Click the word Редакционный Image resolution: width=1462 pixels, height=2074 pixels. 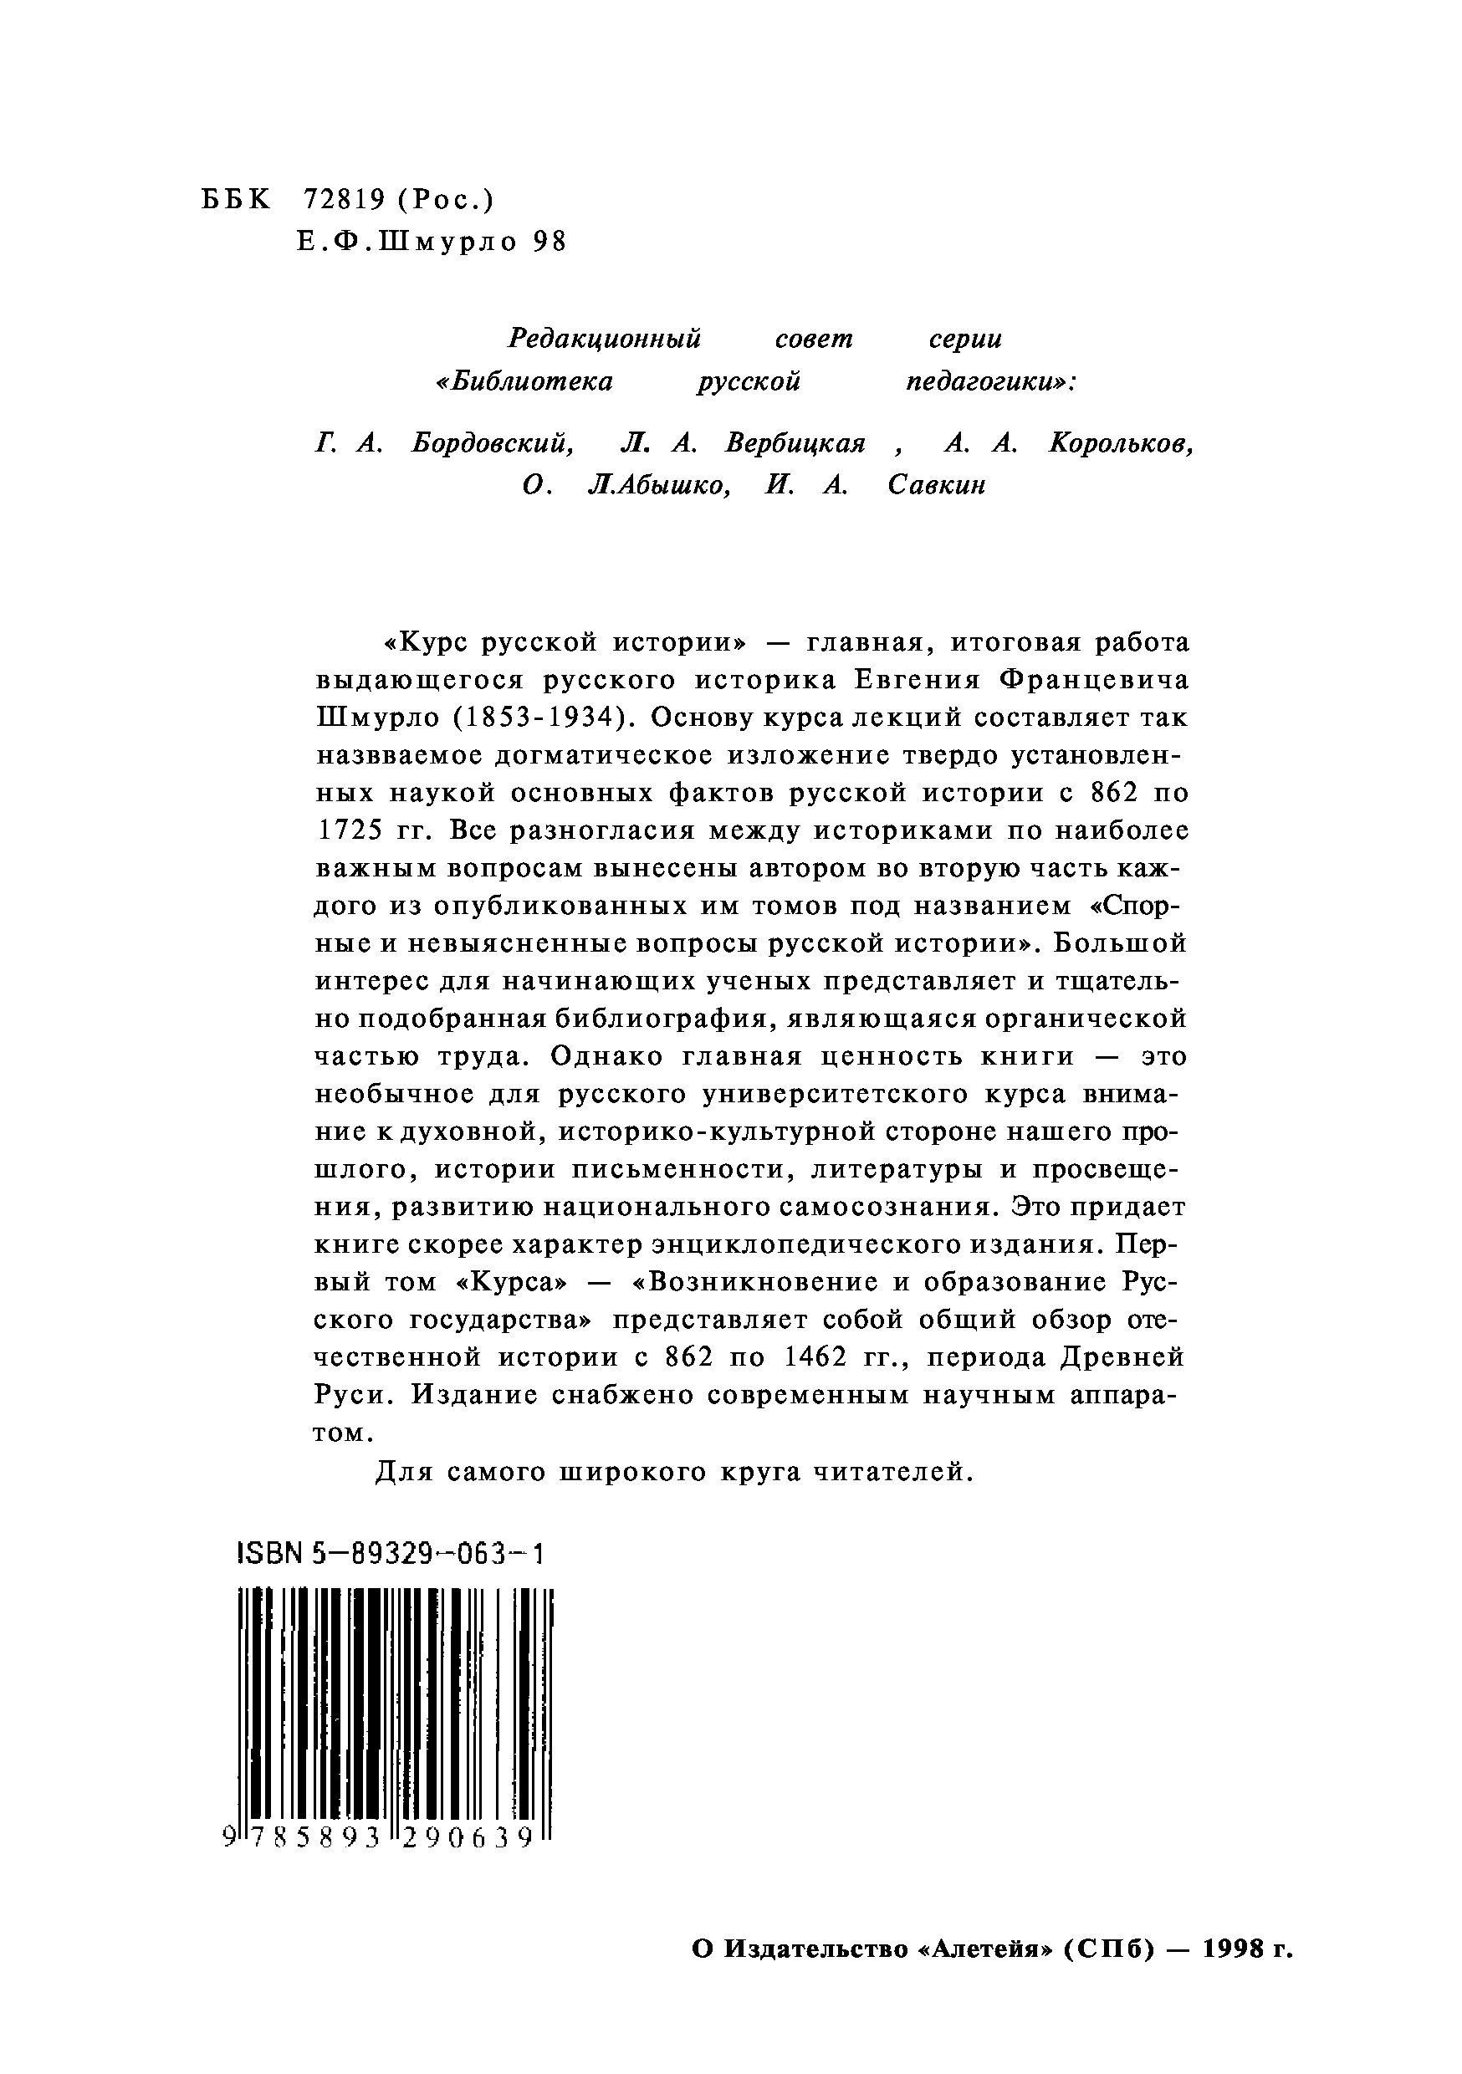605,339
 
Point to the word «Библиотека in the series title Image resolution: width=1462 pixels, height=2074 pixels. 524,381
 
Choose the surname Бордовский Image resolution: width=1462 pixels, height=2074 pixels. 493,442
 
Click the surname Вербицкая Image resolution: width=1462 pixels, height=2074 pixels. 795,442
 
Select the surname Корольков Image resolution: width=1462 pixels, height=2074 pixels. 1122,442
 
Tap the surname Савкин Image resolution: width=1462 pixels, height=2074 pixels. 937,485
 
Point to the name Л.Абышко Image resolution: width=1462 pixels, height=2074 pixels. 659,485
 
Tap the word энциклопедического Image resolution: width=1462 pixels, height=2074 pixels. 794,1244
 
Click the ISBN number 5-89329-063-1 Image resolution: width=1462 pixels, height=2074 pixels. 428,1553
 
